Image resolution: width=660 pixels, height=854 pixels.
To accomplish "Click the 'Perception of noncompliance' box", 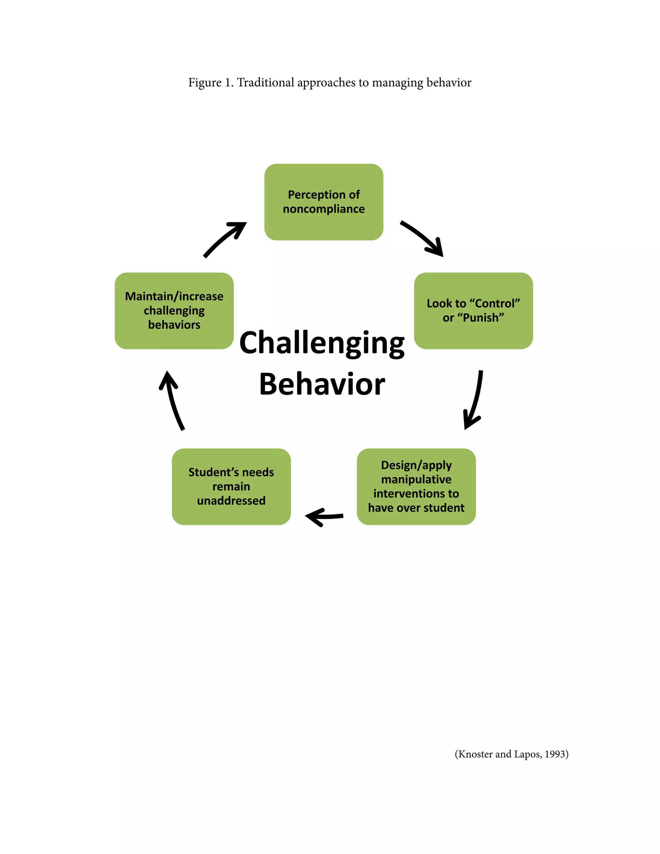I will click(324, 202).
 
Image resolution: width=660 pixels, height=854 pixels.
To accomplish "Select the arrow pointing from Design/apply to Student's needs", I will click(324, 517).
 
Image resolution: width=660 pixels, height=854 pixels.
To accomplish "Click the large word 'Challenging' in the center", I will click(322, 343).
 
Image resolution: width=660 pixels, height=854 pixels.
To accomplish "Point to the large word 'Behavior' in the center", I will click(322, 384).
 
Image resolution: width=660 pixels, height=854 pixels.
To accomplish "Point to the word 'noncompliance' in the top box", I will click(324, 209).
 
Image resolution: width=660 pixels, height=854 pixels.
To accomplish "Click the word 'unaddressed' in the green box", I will click(231, 500).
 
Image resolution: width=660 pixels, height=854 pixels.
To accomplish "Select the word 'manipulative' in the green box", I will click(416, 480).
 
